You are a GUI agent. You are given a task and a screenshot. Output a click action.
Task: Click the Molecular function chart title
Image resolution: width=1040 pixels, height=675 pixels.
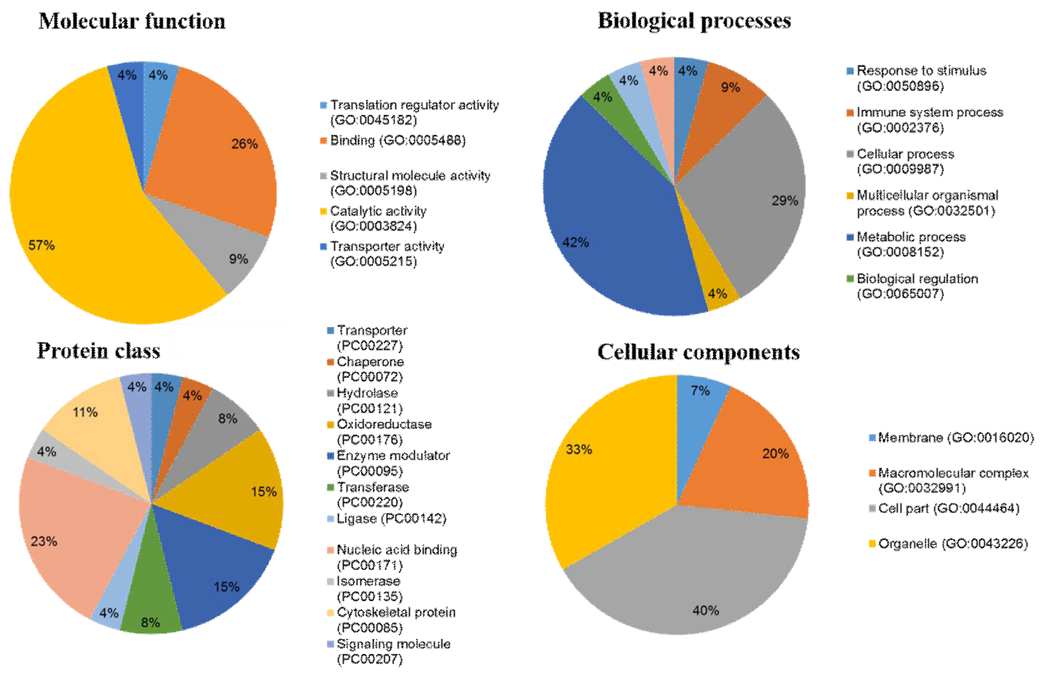pos(132,21)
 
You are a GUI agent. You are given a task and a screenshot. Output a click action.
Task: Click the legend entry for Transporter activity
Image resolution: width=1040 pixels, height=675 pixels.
pos(386,254)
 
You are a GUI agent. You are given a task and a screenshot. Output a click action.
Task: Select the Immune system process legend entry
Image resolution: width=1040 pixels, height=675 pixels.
pos(929,120)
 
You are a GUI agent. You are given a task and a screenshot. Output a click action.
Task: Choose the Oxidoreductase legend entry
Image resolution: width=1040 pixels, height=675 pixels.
pos(383,431)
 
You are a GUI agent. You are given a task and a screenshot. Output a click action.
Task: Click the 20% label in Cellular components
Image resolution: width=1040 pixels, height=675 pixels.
pos(775,453)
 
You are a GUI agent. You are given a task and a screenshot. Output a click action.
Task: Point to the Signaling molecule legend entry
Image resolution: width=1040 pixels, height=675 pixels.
pos(392,651)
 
